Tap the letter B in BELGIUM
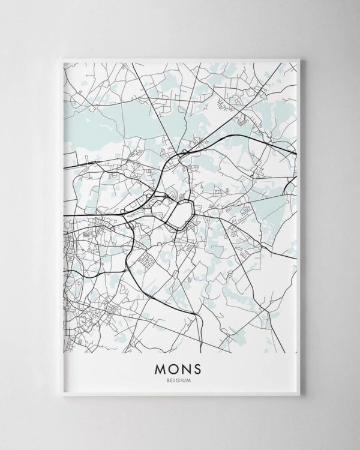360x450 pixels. [170, 380]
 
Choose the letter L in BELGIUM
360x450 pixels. [177, 380]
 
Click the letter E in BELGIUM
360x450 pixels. [173, 380]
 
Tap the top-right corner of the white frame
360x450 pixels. [299, 59]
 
